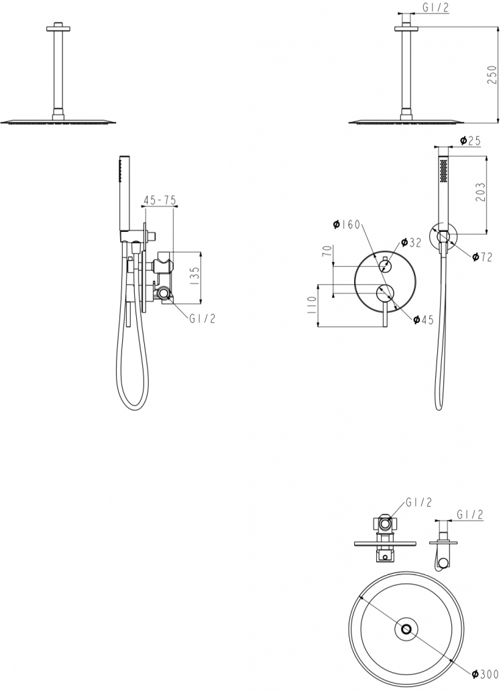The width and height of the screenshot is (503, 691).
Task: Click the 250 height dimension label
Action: tap(492, 74)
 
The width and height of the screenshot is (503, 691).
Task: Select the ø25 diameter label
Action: tap(470, 141)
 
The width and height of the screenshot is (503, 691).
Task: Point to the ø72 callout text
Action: tap(482, 257)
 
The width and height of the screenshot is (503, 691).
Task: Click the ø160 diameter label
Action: tap(347, 225)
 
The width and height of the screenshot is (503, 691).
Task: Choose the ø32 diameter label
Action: tap(411, 243)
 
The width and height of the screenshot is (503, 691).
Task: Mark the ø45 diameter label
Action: tap(424, 320)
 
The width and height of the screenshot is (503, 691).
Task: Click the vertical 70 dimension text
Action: tap(327, 251)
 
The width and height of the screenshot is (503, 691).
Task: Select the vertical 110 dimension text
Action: tap(311, 304)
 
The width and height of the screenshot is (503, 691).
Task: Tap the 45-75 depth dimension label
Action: tap(159, 200)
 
